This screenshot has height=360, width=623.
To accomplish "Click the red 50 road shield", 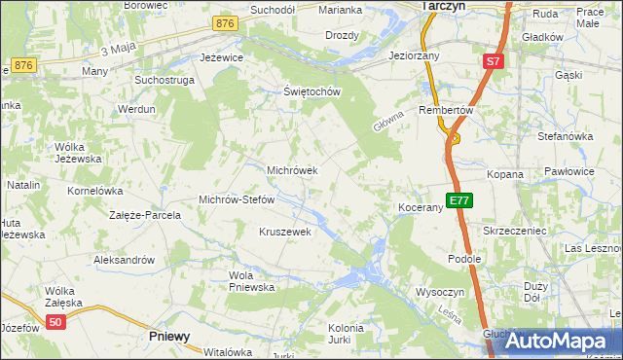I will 56,322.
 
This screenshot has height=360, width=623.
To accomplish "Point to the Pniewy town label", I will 169,336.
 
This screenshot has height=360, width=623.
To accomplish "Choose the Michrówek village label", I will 292,170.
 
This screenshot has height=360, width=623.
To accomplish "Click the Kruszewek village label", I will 284,232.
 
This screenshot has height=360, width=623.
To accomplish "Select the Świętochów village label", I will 310,92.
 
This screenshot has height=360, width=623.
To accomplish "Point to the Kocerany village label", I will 421,208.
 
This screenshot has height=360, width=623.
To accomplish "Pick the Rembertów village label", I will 445,111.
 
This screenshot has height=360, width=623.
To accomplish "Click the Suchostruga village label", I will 164,80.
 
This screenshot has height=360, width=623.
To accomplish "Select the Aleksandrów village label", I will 124,260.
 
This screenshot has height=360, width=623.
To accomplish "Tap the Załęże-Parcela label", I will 145,215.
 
